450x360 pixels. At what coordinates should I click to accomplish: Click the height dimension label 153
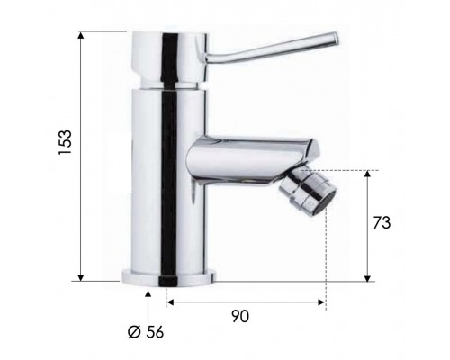pyautogui.click(x=65, y=142)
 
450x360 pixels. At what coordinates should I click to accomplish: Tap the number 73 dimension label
pyautogui.click(x=382, y=222)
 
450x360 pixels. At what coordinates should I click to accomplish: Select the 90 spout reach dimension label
pyautogui.click(x=240, y=316)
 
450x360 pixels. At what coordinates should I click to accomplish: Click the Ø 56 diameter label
pyautogui.click(x=146, y=332)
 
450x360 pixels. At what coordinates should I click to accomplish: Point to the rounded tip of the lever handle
pyautogui.click(x=335, y=39)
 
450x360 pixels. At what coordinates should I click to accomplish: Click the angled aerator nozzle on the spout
pyautogui.click(x=308, y=192)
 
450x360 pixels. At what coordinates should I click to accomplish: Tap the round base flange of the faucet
pyautogui.click(x=169, y=278)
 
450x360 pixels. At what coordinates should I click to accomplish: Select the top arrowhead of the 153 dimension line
pyautogui.click(x=80, y=34)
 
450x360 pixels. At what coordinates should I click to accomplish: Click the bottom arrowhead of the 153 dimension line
pyautogui.click(x=80, y=278)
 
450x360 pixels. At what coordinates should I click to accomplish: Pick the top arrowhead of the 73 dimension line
pyautogui.click(x=367, y=174)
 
